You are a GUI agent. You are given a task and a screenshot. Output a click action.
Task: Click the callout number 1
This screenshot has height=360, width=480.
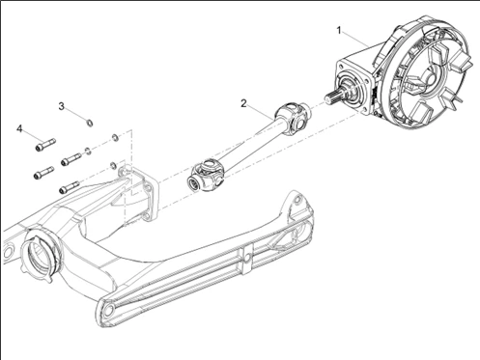(x=338, y=31)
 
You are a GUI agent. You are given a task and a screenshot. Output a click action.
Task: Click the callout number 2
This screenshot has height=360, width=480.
(x=244, y=102)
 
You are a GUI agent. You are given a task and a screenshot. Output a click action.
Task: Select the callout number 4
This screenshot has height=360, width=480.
(x=19, y=127)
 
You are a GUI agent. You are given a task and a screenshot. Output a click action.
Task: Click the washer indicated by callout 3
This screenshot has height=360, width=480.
(x=89, y=123)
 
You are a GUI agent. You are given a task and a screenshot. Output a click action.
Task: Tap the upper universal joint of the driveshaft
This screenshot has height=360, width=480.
(x=295, y=119)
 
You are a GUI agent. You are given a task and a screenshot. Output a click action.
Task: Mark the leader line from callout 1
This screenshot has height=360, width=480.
(x=353, y=42)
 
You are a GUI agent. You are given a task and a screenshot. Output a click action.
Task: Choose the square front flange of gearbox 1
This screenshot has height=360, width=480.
(x=352, y=87)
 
